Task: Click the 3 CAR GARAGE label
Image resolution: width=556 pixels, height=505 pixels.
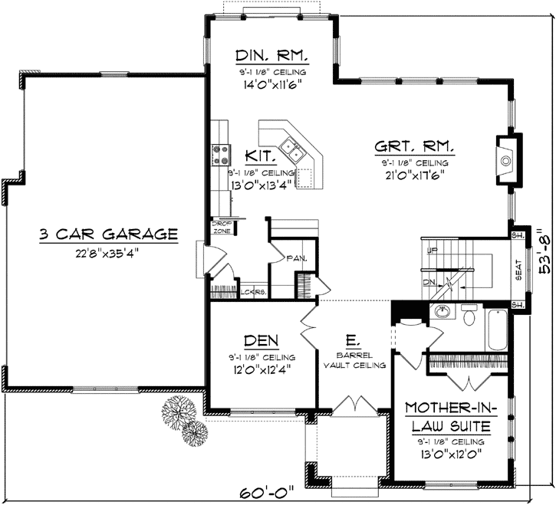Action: click(108, 234)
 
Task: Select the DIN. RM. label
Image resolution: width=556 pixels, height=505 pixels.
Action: click(272, 56)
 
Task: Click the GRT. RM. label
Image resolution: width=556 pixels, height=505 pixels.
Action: click(413, 146)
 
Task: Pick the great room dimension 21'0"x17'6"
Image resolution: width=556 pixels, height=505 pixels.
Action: click(413, 175)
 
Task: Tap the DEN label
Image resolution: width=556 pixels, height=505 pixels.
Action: click(261, 340)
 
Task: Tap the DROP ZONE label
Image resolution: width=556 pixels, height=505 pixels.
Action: click(221, 228)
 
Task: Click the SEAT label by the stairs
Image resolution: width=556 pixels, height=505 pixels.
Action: click(519, 271)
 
